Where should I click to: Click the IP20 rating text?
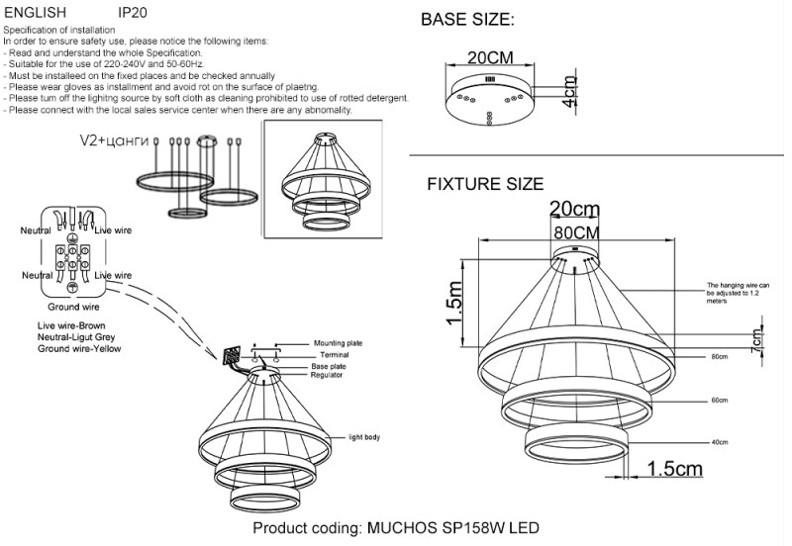click(x=134, y=14)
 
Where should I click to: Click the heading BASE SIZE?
click(x=467, y=20)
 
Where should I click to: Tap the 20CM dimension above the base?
click(x=490, y=58)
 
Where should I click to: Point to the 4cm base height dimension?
click(x=568, y=91)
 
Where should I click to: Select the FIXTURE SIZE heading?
click(x=485, y=184)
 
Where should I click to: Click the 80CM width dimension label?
click(x=575, y=231)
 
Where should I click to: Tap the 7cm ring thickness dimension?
click(x=757, y=337)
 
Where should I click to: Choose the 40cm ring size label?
click(x=720, y=442)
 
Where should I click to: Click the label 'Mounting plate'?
click(x=338, y=343)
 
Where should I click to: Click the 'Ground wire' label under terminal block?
click(x=68, y=308)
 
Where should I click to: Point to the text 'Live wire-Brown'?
click(x=71, y=325)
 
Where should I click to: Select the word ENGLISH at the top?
click(x=35, y=14)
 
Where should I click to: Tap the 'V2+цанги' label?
click(x=108, y=141)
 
